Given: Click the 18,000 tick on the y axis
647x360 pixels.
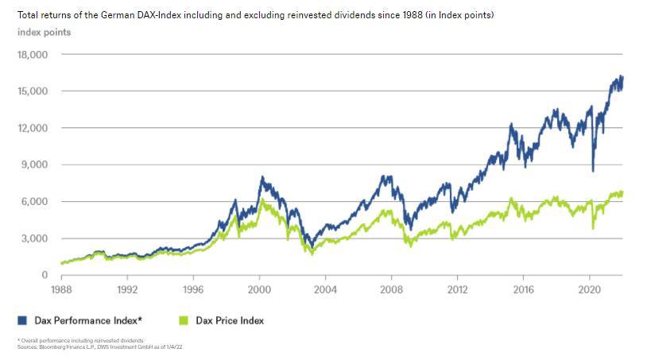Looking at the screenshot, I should [33, 55].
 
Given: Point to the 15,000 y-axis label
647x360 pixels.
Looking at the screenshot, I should [33, 91].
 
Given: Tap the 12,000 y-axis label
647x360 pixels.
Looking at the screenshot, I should [33, 128].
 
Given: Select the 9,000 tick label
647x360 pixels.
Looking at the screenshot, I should [35, 165].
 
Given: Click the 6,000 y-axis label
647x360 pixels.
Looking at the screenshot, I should [35, 202].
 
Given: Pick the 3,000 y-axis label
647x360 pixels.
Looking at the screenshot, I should [35, 238].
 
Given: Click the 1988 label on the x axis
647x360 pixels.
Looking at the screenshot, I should [63, 290].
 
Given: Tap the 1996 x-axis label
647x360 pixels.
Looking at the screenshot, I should [194, 290].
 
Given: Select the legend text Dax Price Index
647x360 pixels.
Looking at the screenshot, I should [229, 320].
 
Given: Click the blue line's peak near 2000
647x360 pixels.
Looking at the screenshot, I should [262, 177].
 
